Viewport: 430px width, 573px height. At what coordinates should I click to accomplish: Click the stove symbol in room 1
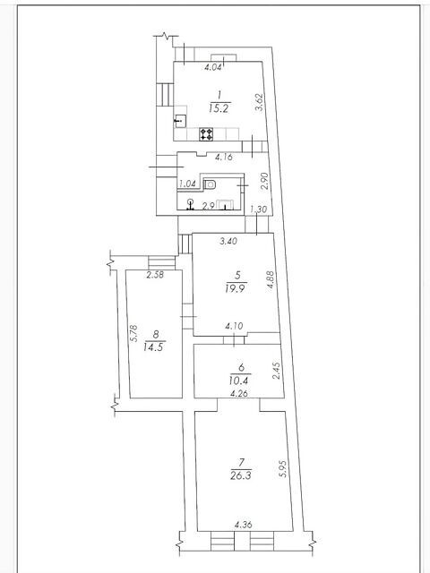point(206,133)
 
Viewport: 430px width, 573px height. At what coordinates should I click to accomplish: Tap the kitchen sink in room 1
point(180,121)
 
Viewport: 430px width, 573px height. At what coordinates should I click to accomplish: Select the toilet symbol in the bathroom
point(210,184)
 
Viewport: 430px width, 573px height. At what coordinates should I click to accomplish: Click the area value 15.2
point(219,108)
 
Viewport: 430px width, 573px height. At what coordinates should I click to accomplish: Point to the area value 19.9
point(236,288)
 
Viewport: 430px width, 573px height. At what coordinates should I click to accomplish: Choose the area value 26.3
point(241,475)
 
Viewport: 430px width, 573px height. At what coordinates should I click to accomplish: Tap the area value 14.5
point(153,346)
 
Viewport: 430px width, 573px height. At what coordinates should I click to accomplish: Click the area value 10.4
point(239,381)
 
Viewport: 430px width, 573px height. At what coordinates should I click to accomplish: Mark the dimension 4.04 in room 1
point(213,67)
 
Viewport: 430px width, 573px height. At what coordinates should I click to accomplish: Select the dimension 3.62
point(259,103)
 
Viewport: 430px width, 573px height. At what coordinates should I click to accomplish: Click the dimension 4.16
point(224,158)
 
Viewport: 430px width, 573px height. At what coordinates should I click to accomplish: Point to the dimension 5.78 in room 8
point(133,333)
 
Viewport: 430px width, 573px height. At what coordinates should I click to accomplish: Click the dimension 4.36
point(243,526)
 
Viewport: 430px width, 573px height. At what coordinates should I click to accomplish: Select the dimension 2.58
point(155,275)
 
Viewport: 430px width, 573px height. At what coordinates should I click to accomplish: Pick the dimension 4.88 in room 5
point(271,280)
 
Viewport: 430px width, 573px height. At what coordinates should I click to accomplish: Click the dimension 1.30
point(259,210)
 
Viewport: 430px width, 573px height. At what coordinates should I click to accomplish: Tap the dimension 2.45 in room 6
point(277,371)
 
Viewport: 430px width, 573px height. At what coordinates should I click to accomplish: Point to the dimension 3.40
point(228,241)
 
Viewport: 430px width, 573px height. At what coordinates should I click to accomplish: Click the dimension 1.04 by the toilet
point(187,184)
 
